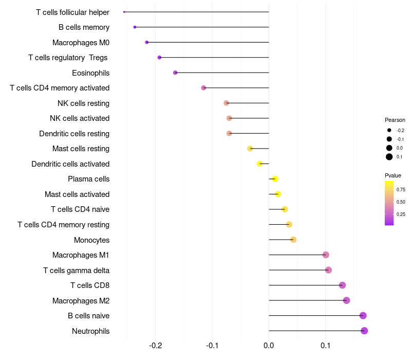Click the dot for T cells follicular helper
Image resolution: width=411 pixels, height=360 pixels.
click(x=124, y=12)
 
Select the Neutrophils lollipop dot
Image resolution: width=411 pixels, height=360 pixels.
click(x=364, y=331)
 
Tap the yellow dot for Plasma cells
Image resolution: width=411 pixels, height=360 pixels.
click(x=275, y=179)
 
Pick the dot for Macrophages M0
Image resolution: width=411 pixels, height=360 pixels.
click(x=147, y=42)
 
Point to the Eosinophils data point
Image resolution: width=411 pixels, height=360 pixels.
click(x=175, y=73)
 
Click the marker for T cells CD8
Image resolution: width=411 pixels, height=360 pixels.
click(x=342, y=285)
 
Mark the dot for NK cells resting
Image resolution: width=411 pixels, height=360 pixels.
click(x=227, y=103)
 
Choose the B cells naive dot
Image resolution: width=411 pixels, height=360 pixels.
click(x=363, y=316)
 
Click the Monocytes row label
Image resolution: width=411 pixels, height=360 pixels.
click(x=91, y=240)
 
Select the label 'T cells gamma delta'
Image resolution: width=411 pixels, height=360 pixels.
click(x=76, y=270)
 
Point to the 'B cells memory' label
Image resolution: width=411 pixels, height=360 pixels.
click(x=84, y=27)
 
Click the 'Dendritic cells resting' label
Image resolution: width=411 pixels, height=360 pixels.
click(x=74, y=134)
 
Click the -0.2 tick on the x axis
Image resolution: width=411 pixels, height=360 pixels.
click(x=156, y=345)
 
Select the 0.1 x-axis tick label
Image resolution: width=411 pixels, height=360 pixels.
click(x=325, y=345)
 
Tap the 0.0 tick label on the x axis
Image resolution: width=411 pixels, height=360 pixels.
click(x=269, y=345)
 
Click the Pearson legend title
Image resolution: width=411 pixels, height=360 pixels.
click(x=395, y=120)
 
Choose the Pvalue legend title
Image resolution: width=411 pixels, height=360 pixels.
click(x=393, y=175)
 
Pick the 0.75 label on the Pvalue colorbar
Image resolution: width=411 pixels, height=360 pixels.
click(x=401, y=189)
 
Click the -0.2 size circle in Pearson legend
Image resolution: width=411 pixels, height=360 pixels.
click(x=389, y=130)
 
